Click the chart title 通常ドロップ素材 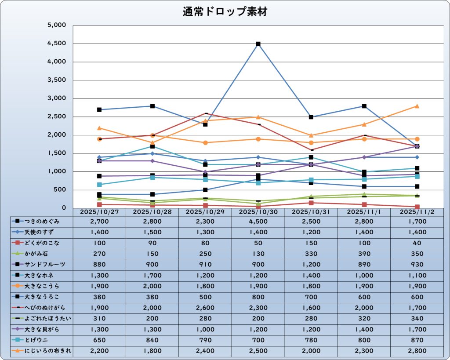225,12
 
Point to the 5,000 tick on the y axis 56,25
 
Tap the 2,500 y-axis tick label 56,117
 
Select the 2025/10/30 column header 258,212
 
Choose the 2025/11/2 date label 416,212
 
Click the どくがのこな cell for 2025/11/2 416,243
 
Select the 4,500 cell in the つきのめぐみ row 258,221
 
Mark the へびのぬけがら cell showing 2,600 205,308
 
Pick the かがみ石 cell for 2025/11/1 364,254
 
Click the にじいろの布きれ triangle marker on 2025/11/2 417,106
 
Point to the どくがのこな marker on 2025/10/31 311,203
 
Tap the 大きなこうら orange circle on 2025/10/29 205,142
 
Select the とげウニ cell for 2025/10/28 152,340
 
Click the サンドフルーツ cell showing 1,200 311,264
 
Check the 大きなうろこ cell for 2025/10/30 258,297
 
